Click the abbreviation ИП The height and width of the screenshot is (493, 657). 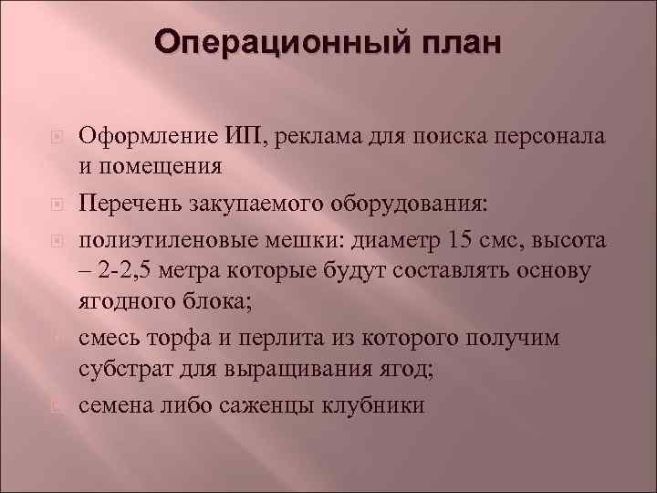click(235, 137)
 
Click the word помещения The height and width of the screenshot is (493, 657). click(171, 165)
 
